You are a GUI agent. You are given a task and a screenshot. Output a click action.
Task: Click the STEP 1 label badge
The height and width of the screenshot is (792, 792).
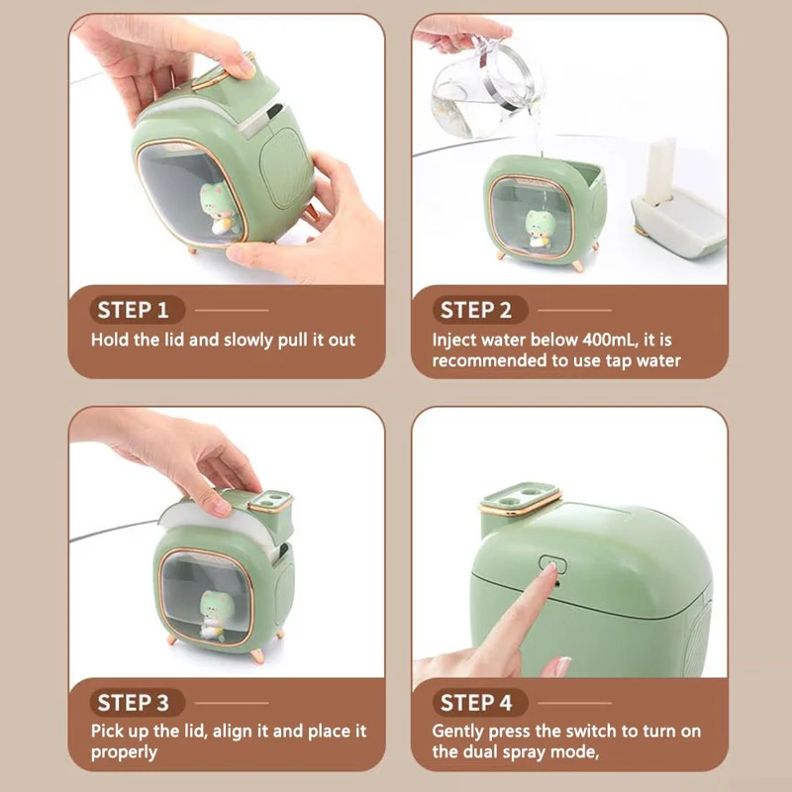click(140, 310)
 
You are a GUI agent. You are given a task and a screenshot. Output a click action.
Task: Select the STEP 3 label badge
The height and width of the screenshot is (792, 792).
click(140, 703)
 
